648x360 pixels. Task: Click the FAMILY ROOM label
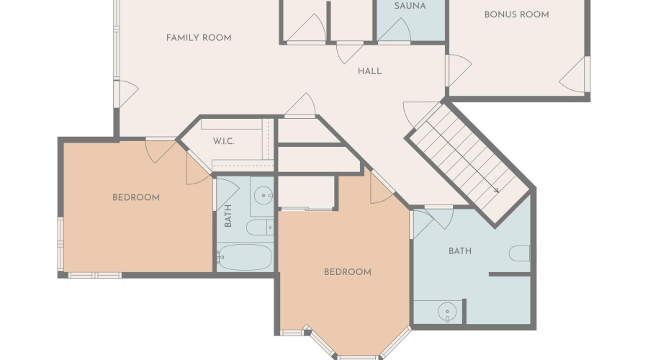tap(199, 38)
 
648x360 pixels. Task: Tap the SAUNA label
tap(410, 6)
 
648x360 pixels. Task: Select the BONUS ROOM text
tap(516, 15)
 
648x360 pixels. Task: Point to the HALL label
tap(369, 71)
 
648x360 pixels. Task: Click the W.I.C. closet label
tap(224, 141)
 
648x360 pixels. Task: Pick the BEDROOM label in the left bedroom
tap(136, 197)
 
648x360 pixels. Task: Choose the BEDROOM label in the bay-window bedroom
tap(348, 272)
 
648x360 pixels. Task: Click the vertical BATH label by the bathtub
tap(228, 216)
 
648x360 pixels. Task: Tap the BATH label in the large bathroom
tap(460, 251)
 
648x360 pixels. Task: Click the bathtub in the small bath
tap(244, 258)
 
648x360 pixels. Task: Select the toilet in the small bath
tap(259, 228)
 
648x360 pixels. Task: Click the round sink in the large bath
tap(446, 311)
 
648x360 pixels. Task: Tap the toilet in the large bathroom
tap(519, 253)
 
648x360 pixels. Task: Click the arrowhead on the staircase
tap(496, 191)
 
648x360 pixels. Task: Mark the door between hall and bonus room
tap(459, 71)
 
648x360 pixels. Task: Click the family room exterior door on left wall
tap(126, 94)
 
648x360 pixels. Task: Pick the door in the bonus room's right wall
tap(575, 75)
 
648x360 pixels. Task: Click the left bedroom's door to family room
tap(161, 150)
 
